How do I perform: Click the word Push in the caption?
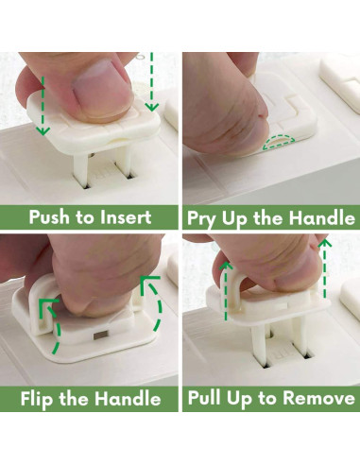click(x=50, y=217)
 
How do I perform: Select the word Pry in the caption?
click(x=202, y=218)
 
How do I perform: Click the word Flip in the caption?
click(x=37, y=399)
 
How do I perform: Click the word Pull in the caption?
click(x=203, y=398)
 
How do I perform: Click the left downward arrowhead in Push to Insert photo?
click(x=43, y=130)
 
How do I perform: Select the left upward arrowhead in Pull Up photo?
click(x=226, y=267)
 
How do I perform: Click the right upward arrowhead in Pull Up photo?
click(x=324, y=244)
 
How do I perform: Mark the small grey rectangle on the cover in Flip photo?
click(x=100, y=336)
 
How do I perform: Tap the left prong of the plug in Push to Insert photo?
click(x=80, y=168)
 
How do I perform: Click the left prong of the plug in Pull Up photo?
click(x=261, y=344)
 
